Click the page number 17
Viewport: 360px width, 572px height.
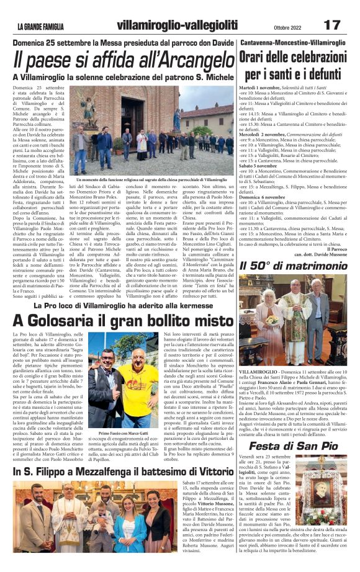332,24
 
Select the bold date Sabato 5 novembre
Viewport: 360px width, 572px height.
259,166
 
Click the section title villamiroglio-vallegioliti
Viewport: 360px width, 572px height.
177,24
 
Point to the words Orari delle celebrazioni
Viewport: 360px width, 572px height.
292,58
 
